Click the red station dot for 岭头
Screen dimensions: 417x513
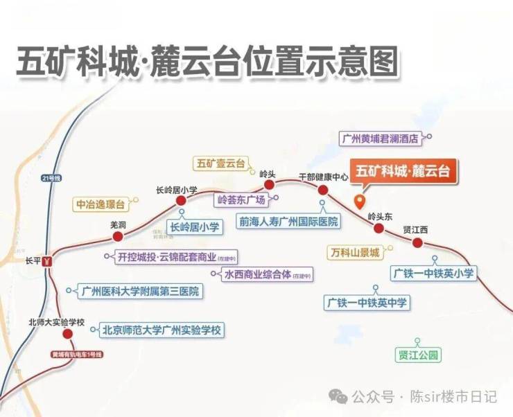coord(269,184)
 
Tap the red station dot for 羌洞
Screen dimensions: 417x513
coord(118,237)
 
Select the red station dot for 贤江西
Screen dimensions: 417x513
coord(417,242)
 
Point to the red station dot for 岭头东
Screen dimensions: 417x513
coord(379,228)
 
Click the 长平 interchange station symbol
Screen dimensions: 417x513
coord(47,262)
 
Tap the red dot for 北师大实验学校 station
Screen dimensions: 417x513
coord(67,334)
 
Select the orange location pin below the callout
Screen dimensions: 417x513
coord(359,202)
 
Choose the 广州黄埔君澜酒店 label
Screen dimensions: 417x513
coord(381,138)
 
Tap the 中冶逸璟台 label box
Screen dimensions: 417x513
coord(101,204)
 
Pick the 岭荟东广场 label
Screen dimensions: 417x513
coord(241,200)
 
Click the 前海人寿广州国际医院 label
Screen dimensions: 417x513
coord(288,222)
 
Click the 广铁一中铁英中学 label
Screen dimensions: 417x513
coord(367,303)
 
